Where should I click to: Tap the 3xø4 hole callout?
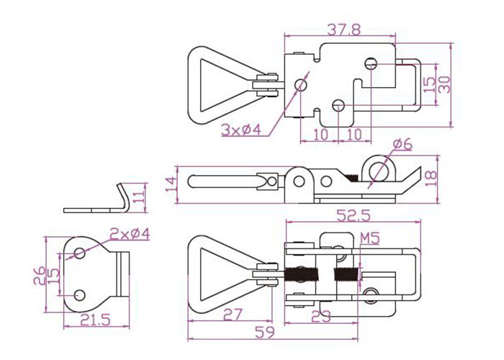click(x=240, y=130)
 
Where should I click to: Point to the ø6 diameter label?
click(x=403, y=145)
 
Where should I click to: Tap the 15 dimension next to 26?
click(x=54, y=274)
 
